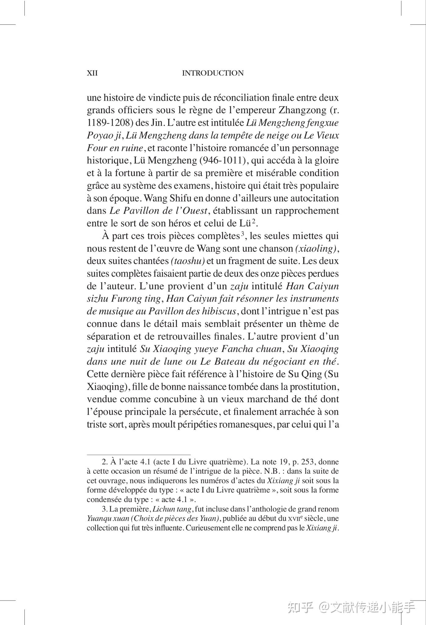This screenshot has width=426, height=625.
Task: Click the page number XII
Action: pyautogui.click(x=92, y=73)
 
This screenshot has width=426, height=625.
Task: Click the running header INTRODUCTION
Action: pyautogui.click(x=213, y=73)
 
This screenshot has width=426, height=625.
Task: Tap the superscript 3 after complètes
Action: pyautogui.click(x=242, y=234)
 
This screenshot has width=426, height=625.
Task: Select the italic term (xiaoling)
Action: pyautogui.click(x=316, y=249)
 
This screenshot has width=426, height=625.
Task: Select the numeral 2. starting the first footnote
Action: pyautogui.click(x=104, y=462)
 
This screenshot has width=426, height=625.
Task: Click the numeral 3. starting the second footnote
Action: pyautogui.click(x=104, y=509)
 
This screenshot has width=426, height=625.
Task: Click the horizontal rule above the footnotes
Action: pyautogui.click(x=138, y=454)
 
